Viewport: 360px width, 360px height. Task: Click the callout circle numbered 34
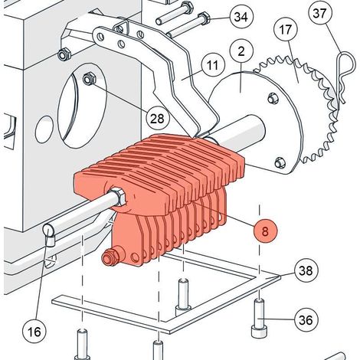click(x=241, y=16)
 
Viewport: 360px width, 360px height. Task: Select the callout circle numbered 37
click(x=320, y=13)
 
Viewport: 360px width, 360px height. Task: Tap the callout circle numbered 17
click(x=286, y=30)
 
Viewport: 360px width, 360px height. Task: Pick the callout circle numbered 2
click(x=241, y=51)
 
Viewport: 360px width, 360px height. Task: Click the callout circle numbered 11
click(x=212, y=64)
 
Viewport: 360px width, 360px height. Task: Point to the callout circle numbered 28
click(x=157, y=118)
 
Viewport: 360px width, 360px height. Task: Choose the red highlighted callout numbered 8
click(x=265, y=231)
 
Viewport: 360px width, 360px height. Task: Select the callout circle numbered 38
click(x=306, y=270)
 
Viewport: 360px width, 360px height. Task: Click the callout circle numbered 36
click(x=306, y=319)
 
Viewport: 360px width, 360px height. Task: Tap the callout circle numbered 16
click(x=34, y=332)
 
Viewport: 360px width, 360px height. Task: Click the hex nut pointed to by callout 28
click(x=89, y=79)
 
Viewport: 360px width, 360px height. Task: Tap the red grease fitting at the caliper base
click(x=110, y=257)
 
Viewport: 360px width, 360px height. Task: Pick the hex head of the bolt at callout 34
click(x=204, y=18)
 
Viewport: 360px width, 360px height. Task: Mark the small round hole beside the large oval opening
click(x=44, y=129)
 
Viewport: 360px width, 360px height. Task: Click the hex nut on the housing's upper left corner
click(x=64, y=54)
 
